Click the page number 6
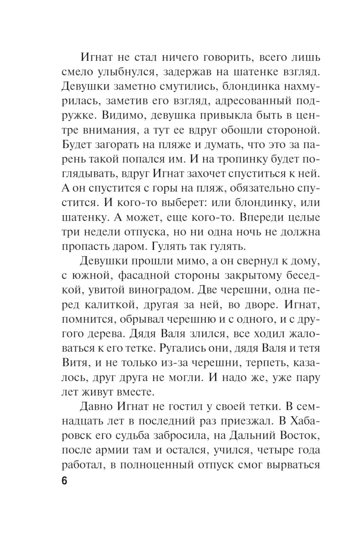pos(64,481)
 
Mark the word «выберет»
pos(178,202)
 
